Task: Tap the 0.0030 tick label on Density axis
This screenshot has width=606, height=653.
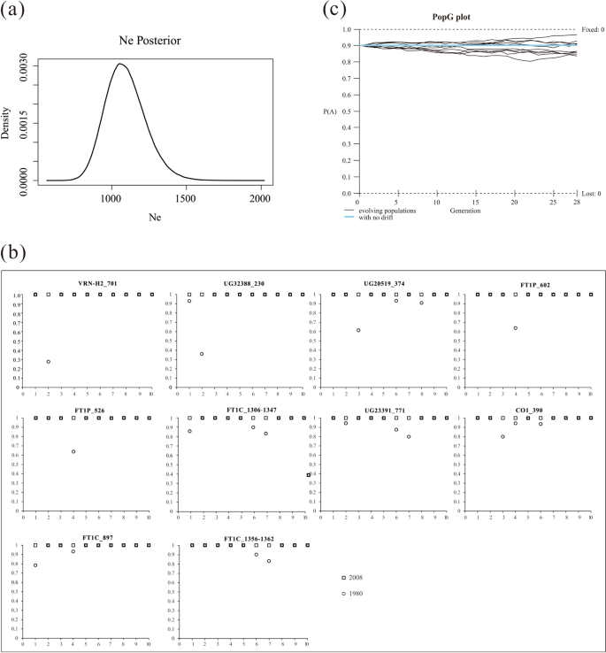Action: point(27,66)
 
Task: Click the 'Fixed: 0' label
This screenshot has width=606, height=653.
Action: point(587,28)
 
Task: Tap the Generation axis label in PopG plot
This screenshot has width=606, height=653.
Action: point(464,211)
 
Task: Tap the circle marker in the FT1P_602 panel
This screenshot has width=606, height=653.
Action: point(515,328)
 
